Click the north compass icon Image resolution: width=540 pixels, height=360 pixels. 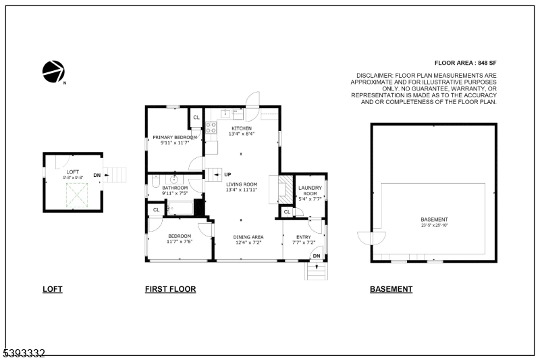coord(53,70)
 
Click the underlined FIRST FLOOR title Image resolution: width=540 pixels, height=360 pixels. coord(170,289)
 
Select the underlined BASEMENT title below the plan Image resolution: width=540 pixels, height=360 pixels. coord(391,289)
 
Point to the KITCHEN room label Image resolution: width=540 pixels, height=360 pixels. coord(242,128)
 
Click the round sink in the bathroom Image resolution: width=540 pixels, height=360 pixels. coord(174,180)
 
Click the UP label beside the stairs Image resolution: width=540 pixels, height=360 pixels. coord(227,174)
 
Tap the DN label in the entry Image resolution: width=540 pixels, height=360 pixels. coord(316,256)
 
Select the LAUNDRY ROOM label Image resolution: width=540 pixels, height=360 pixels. coord(311,191)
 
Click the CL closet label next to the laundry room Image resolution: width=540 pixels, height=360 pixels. coord(287,213)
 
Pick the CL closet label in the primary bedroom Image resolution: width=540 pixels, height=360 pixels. coord(196,118)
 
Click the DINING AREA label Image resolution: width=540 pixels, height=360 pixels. coord(248,237)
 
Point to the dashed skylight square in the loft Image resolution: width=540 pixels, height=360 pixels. coord(76,195)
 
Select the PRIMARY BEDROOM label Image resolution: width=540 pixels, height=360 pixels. coord(174,137)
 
